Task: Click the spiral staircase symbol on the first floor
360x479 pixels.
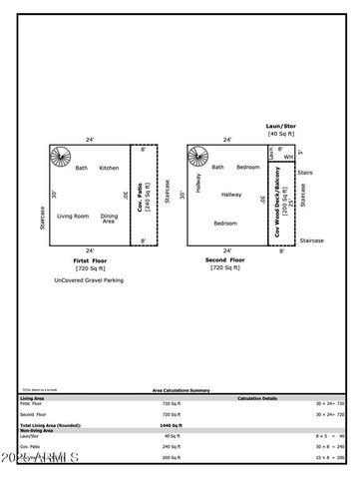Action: point(62,158)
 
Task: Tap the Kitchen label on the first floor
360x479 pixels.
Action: point(109,168)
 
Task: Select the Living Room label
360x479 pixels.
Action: point(73,217)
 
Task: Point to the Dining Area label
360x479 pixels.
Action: point(110,219)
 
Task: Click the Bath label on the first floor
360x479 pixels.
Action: point(82,168)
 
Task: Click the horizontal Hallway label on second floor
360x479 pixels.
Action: point(231,195)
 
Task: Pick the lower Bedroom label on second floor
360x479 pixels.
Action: point(225,224)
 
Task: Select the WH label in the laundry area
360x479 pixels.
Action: point(287,157)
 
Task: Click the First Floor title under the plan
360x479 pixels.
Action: point(90,260)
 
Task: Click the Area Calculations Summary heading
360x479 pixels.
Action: point(180,390)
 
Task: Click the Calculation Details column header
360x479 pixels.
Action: point(263,397)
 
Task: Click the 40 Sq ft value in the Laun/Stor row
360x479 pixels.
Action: point(172,436)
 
